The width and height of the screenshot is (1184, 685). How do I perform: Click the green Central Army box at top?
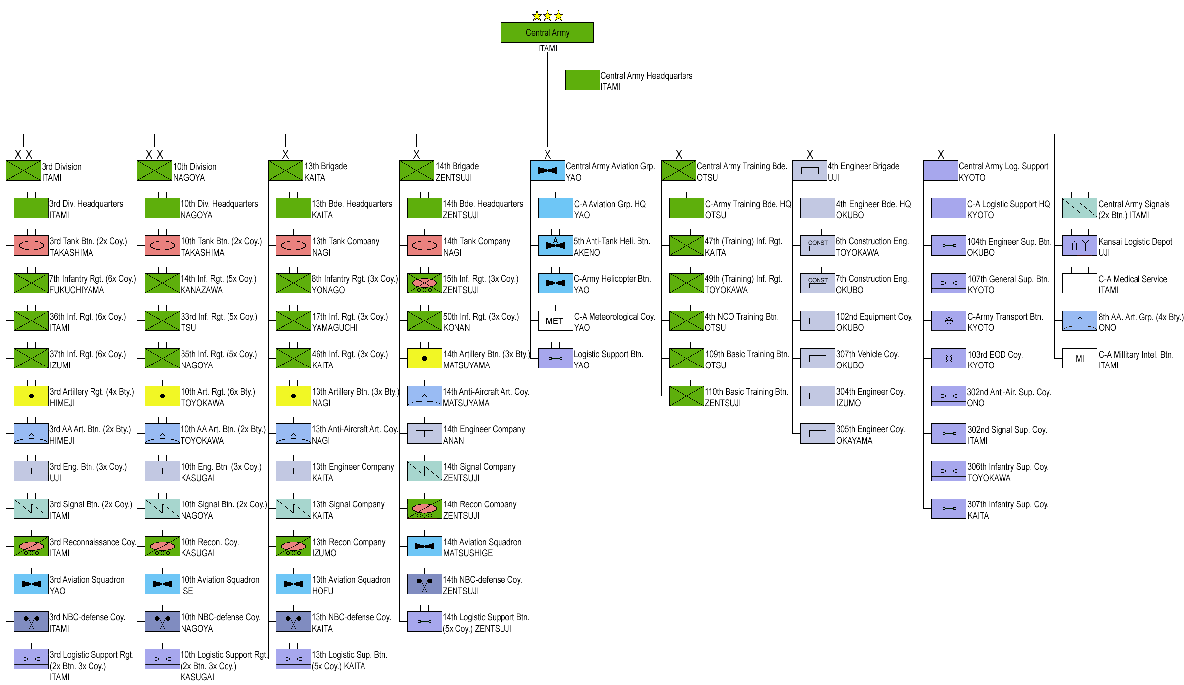point(547,32)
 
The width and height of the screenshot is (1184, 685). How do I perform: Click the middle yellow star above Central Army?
point(547,16)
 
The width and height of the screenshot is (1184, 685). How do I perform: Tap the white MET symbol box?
point(555,321)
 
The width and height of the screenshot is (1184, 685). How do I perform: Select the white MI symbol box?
point(1079,359)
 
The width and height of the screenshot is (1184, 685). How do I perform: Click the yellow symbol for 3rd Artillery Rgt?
point(31,396)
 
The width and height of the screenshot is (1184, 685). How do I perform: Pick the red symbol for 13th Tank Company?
point(293,246)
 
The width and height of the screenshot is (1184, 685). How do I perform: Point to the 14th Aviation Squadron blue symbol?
point(424,547)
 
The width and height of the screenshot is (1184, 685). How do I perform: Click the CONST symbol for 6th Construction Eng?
point(818,246)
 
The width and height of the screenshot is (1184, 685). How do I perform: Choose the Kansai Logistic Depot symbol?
point(1079,246)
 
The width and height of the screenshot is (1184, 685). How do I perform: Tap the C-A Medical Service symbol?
point(1079,283)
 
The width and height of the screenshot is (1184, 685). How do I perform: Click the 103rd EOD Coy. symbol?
point(949,359)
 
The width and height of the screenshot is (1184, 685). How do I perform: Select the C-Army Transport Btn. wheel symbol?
point(949,321)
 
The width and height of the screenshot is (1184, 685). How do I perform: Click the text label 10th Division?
point(194,167)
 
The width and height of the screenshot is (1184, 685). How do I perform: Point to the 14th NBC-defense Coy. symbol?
point(424,584)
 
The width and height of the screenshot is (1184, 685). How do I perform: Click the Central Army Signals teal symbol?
point(1079,208)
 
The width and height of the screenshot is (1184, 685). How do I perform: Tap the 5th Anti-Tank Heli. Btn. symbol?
point(555,246)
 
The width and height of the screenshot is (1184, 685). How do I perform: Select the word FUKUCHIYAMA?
point(77,290)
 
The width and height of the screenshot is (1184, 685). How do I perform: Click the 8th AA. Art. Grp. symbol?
point(1079,321)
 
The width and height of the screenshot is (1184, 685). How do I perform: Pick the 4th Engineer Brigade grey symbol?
point(810,170)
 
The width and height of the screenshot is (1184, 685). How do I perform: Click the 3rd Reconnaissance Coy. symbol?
point(31,547)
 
